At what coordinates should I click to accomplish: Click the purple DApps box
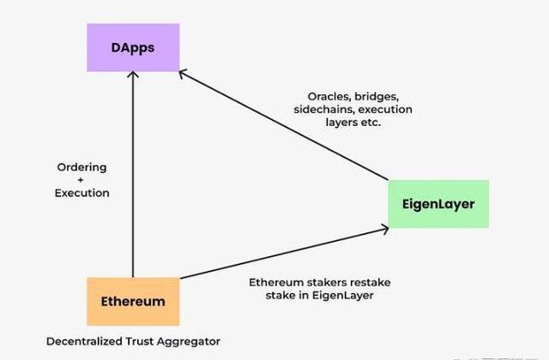tap(133, 48)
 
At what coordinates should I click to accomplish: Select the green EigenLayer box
tap(438, 204)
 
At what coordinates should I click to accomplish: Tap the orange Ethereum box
tap(133, 301)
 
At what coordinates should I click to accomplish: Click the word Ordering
tap(82, 168)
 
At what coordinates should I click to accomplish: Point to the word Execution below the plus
tap(82, 193)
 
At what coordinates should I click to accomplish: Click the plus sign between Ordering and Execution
tap(81, 180)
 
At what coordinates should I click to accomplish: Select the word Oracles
tap(329, 96)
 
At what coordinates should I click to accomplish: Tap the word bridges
tap(377, 97)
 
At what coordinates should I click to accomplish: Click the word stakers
tap(327, 282)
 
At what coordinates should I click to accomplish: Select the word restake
tap(371, 282)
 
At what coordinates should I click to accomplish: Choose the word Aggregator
tap(189, 342)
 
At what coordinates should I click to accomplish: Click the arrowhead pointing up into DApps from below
tap(133, 75)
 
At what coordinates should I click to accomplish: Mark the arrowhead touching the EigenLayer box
tap(385, 230)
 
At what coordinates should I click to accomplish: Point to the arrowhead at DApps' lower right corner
tap(183, 74)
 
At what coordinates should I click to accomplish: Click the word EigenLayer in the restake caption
tap(342, 296)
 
